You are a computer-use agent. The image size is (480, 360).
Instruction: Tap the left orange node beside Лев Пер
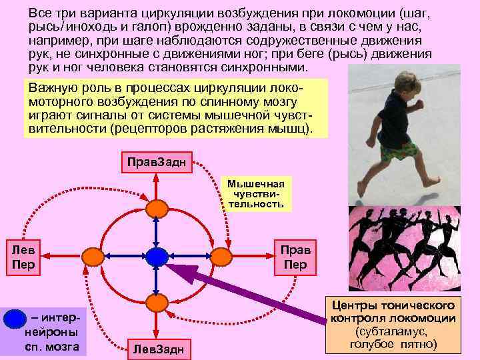pos(92,255)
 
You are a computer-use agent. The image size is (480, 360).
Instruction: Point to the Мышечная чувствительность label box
pos(255,193)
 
